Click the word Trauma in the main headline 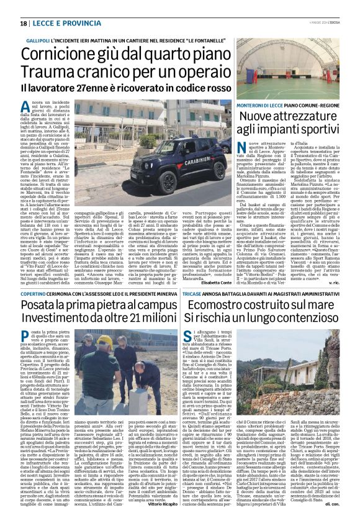click(x=47, y=80)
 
